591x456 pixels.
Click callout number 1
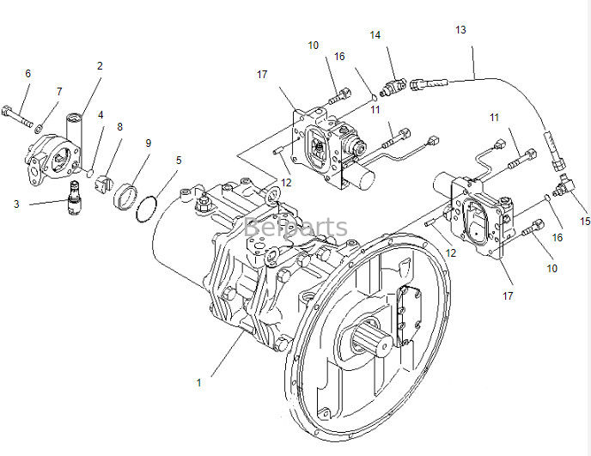point(198,382)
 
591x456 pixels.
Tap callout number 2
point(100,65)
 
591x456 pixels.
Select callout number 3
point(16,204)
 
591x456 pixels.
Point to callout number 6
point(28,74)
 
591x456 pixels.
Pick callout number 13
point(461,30)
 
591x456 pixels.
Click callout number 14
point(375,35)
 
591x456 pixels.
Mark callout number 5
point(179,159)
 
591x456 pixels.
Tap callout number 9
point(148,143)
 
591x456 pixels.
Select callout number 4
point(101,114)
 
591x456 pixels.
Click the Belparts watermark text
point(295,228)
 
